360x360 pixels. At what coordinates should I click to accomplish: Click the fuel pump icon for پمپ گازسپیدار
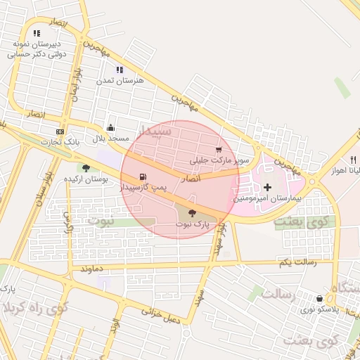click(143, 176)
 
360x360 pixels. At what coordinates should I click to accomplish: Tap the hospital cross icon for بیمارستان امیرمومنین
click(266, 187)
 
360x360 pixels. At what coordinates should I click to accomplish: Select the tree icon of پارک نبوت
click(192, 213)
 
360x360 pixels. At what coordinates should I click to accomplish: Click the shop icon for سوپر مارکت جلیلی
click(219, 150)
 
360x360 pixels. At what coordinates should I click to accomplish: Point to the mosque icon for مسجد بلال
click(110, 128)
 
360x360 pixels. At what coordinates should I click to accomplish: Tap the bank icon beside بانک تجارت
click(60, 131)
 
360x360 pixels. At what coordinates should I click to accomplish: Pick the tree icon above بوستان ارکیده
click(86, 167)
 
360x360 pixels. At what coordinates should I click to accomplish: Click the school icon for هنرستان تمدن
click(120, 70)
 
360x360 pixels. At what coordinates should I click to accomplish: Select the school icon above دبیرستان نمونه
click(37, 32)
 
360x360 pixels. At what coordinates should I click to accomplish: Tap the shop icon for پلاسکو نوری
click(320, 298)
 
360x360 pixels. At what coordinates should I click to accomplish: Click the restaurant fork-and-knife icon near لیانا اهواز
click(353, 160)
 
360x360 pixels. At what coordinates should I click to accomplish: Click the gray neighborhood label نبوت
click(103, 219)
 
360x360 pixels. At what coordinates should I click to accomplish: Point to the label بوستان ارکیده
click(86, 180)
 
